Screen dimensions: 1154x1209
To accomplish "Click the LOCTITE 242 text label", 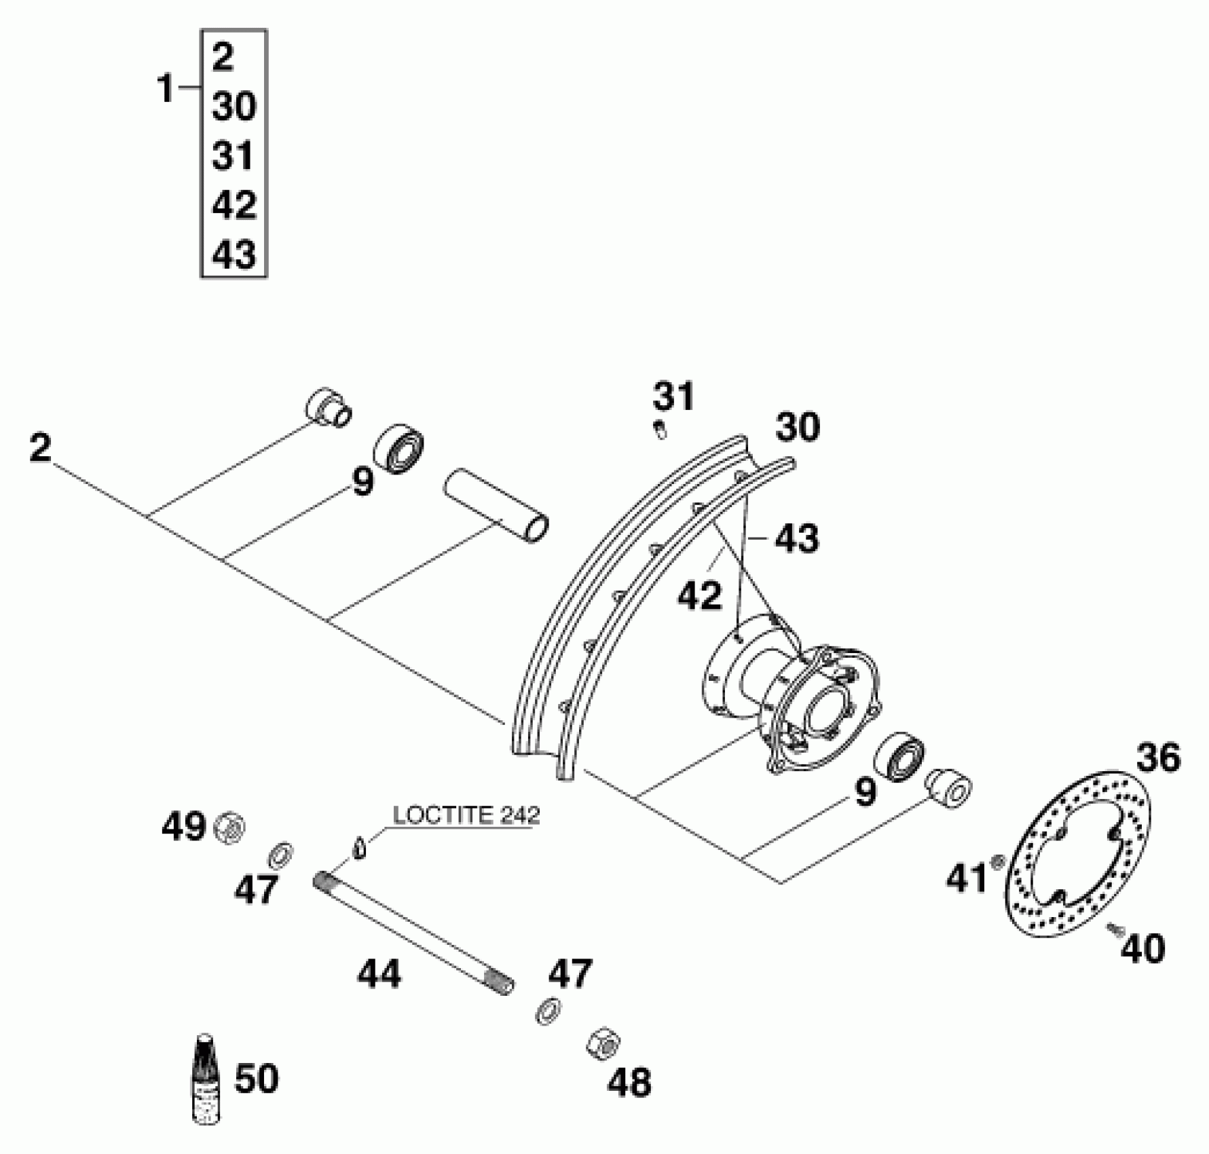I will point(466,815).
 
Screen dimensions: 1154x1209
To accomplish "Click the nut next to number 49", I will point(229,828).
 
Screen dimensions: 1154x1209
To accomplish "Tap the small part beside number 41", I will point(997,863).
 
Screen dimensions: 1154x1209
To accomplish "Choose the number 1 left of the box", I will point(166,90).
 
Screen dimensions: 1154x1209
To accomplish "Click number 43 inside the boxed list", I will point(234,255).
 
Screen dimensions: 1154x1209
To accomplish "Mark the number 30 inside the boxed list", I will point(234,107).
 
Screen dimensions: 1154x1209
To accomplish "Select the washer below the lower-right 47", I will point(547,1010).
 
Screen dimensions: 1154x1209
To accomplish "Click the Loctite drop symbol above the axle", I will point(360,848).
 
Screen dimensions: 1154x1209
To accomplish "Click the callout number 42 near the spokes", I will point(700,595).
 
